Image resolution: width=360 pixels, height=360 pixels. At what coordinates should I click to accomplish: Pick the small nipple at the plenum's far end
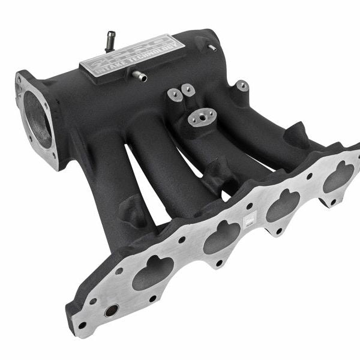click(211, 47)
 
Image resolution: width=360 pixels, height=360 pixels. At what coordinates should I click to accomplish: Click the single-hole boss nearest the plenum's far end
click(242, 86)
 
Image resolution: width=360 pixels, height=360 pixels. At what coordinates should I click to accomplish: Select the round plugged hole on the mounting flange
click(112, 311)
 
